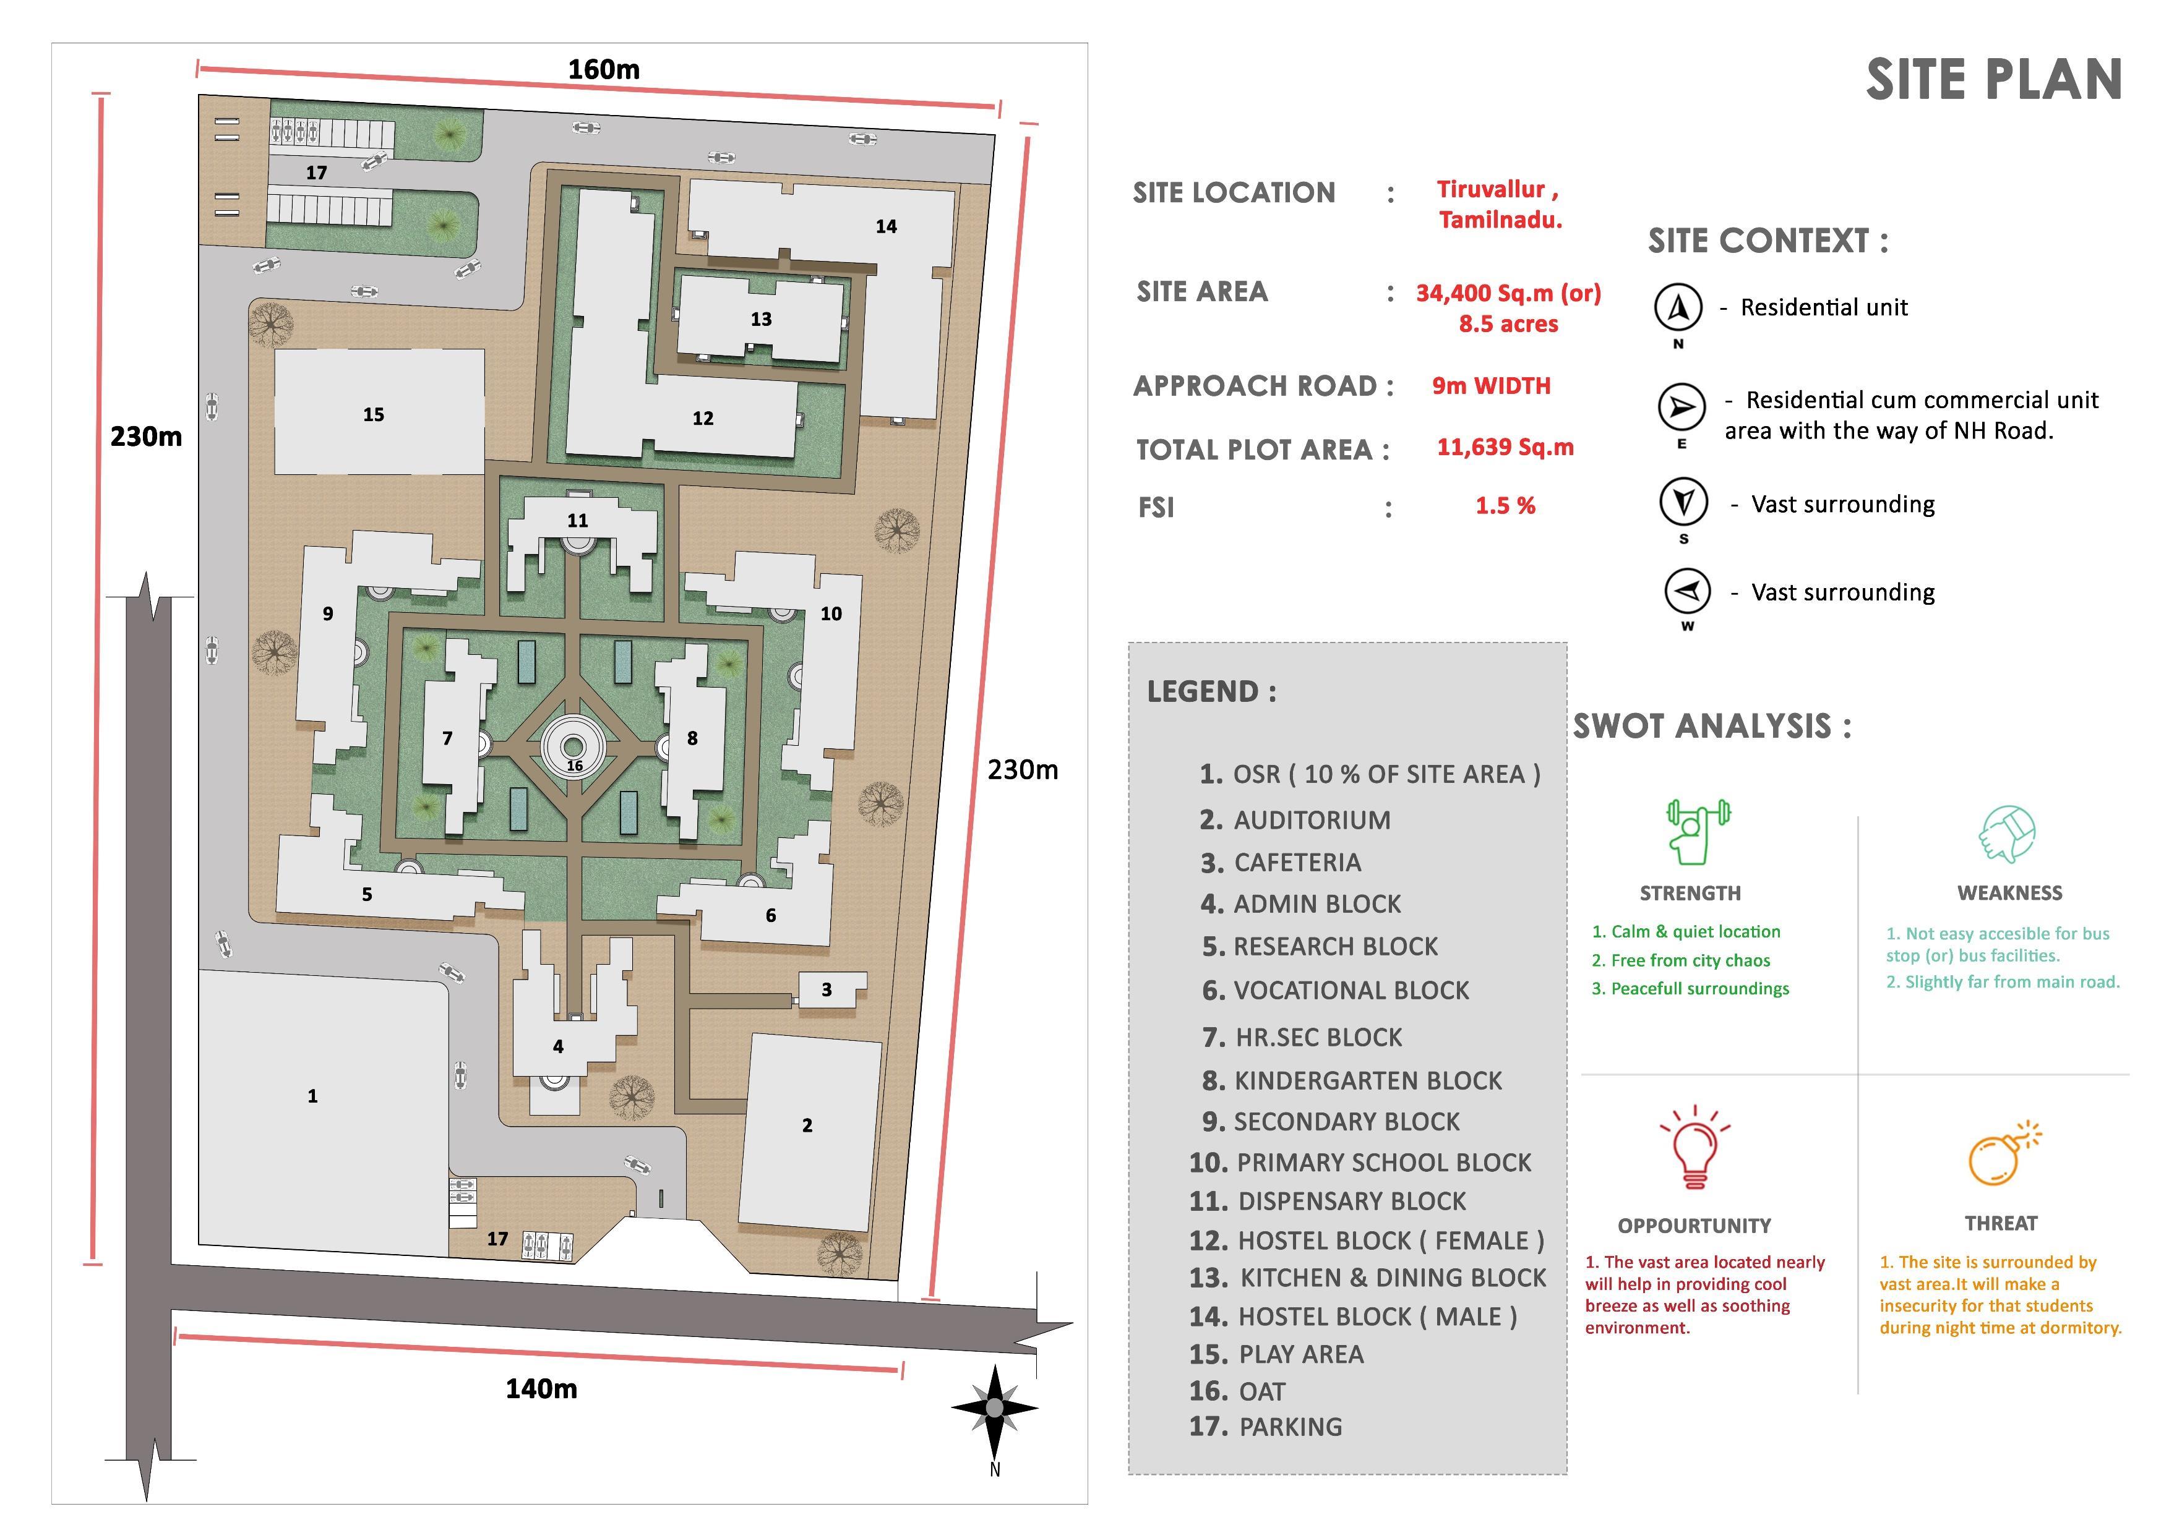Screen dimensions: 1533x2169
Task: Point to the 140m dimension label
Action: click(x=540, y=1388)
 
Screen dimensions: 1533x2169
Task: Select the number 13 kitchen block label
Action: click(x=760, y=319)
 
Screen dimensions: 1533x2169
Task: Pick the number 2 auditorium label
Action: click(x=807, y=1125)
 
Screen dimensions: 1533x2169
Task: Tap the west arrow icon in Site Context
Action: click(x=1687, y=592)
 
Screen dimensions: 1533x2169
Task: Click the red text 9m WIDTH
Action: click(x=1491, y=385)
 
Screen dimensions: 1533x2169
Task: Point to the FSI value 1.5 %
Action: click(x=1505, y=506)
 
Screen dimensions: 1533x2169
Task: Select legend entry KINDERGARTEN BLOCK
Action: click(x=1367, y=1080)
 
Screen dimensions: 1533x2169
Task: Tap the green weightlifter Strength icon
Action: click(x=1698, y=831)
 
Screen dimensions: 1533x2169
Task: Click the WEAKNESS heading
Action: click(x=2009, y=892)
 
